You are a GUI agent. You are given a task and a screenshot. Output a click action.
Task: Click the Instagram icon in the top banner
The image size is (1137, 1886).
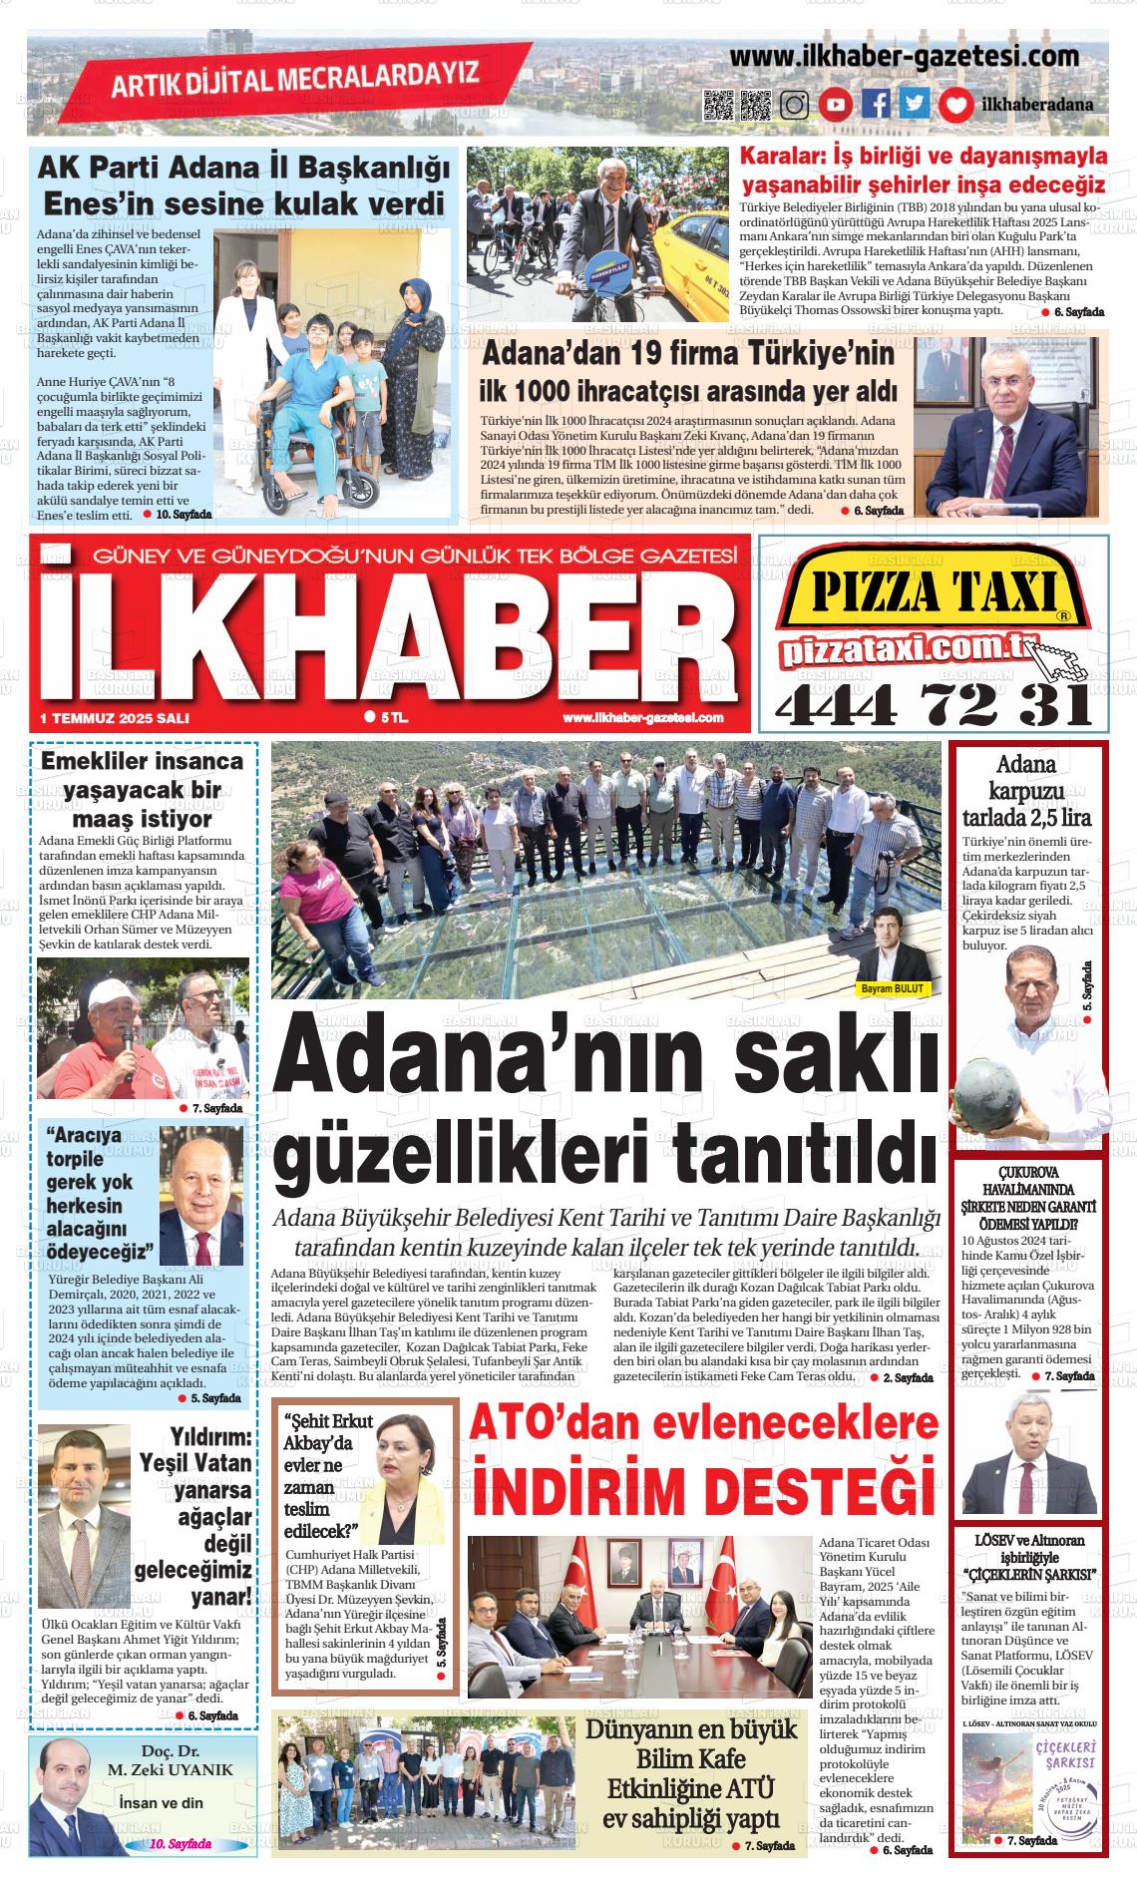[795, 105]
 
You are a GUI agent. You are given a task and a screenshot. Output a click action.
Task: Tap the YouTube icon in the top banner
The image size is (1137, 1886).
[836, 105]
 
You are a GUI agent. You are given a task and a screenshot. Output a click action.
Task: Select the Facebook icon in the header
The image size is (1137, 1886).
[876, 105]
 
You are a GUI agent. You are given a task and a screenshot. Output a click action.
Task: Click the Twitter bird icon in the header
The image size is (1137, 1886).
[914, 105]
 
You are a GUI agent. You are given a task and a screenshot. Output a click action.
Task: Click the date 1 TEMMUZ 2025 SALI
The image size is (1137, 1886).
[115, 718]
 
